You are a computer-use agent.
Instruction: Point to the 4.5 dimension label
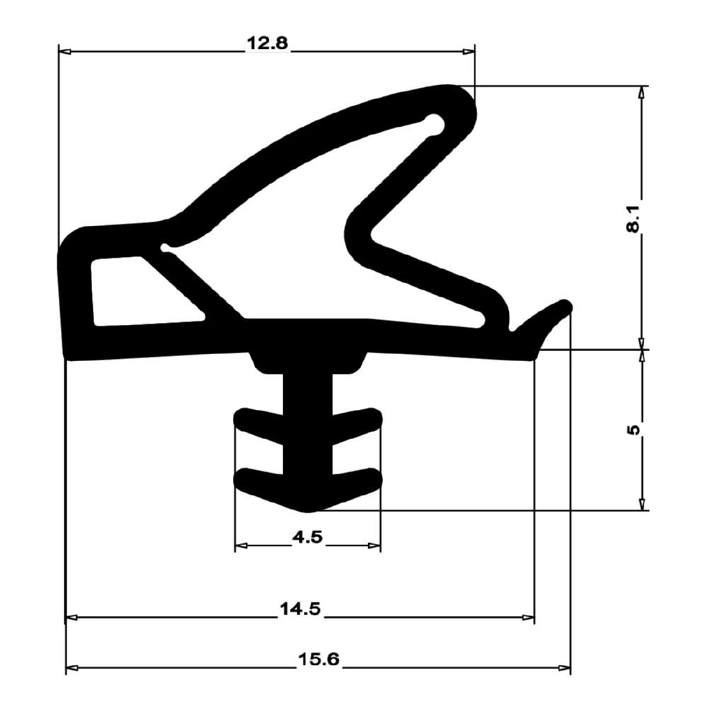click(x=307, y=537)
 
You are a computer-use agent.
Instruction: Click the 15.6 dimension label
click(x=319, y=660)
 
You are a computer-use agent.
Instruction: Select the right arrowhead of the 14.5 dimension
click(x=527, y=617)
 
